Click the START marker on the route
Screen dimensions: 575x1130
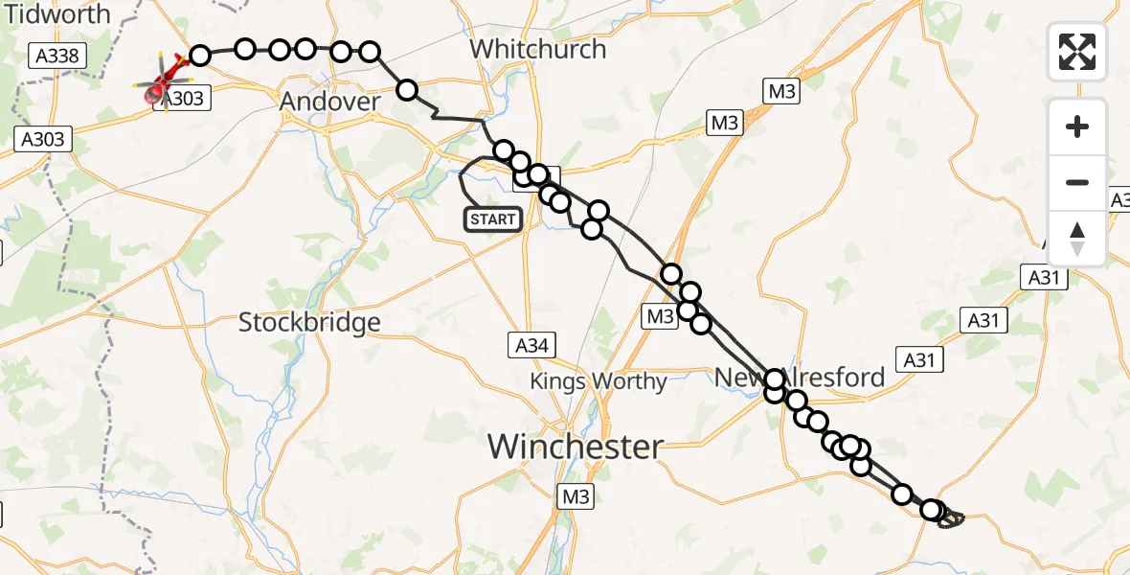[493, 219]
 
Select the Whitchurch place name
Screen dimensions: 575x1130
[538, 49]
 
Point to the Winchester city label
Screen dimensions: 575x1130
[575, 447]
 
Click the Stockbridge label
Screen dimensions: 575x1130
[309, 322]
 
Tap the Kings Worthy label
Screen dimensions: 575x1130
[599, 381]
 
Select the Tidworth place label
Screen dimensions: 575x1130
[56, 14]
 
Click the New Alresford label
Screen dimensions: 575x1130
[801, 377]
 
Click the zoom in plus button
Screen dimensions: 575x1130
[1077, 126]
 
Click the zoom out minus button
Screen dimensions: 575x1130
[1077, 182]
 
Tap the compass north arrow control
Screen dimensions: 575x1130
[1077, 239]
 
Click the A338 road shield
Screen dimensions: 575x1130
[56, 57]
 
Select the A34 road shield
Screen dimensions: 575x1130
[531, 345]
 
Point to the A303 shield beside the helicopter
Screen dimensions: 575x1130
[185, 99]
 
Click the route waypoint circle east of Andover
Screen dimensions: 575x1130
[407, 90]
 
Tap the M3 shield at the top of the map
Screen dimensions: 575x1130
[781, 91]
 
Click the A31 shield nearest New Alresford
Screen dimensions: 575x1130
[918, 359]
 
